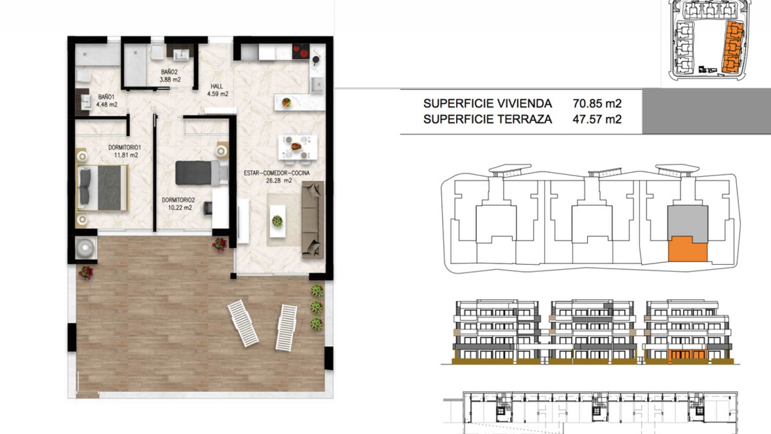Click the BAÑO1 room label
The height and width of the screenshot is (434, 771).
(x=106, y=97)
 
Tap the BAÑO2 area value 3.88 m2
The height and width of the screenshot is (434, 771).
(x=170, y=80)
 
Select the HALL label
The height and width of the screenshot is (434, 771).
(x=217, y=86)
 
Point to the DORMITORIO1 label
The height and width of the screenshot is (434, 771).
(x=124, y=147)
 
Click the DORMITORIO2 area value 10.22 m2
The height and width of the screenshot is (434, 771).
(x=180, y=208)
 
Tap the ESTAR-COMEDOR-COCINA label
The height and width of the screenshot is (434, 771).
(x=277, y=173)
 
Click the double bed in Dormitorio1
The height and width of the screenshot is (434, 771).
(x=102, y=188)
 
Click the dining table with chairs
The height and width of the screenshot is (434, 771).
(x=298, y=147)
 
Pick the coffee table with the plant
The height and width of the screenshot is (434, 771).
(x=277, y=221)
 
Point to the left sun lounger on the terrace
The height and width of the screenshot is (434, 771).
(x=243, y=323)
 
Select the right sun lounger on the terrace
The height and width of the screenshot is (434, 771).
(x=286, y=328)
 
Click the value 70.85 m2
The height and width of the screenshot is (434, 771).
(x=597, y=104)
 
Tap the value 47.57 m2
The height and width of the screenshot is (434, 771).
(x=597, y=119)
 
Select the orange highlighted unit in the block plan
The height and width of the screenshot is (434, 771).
(x=687, y=249)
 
